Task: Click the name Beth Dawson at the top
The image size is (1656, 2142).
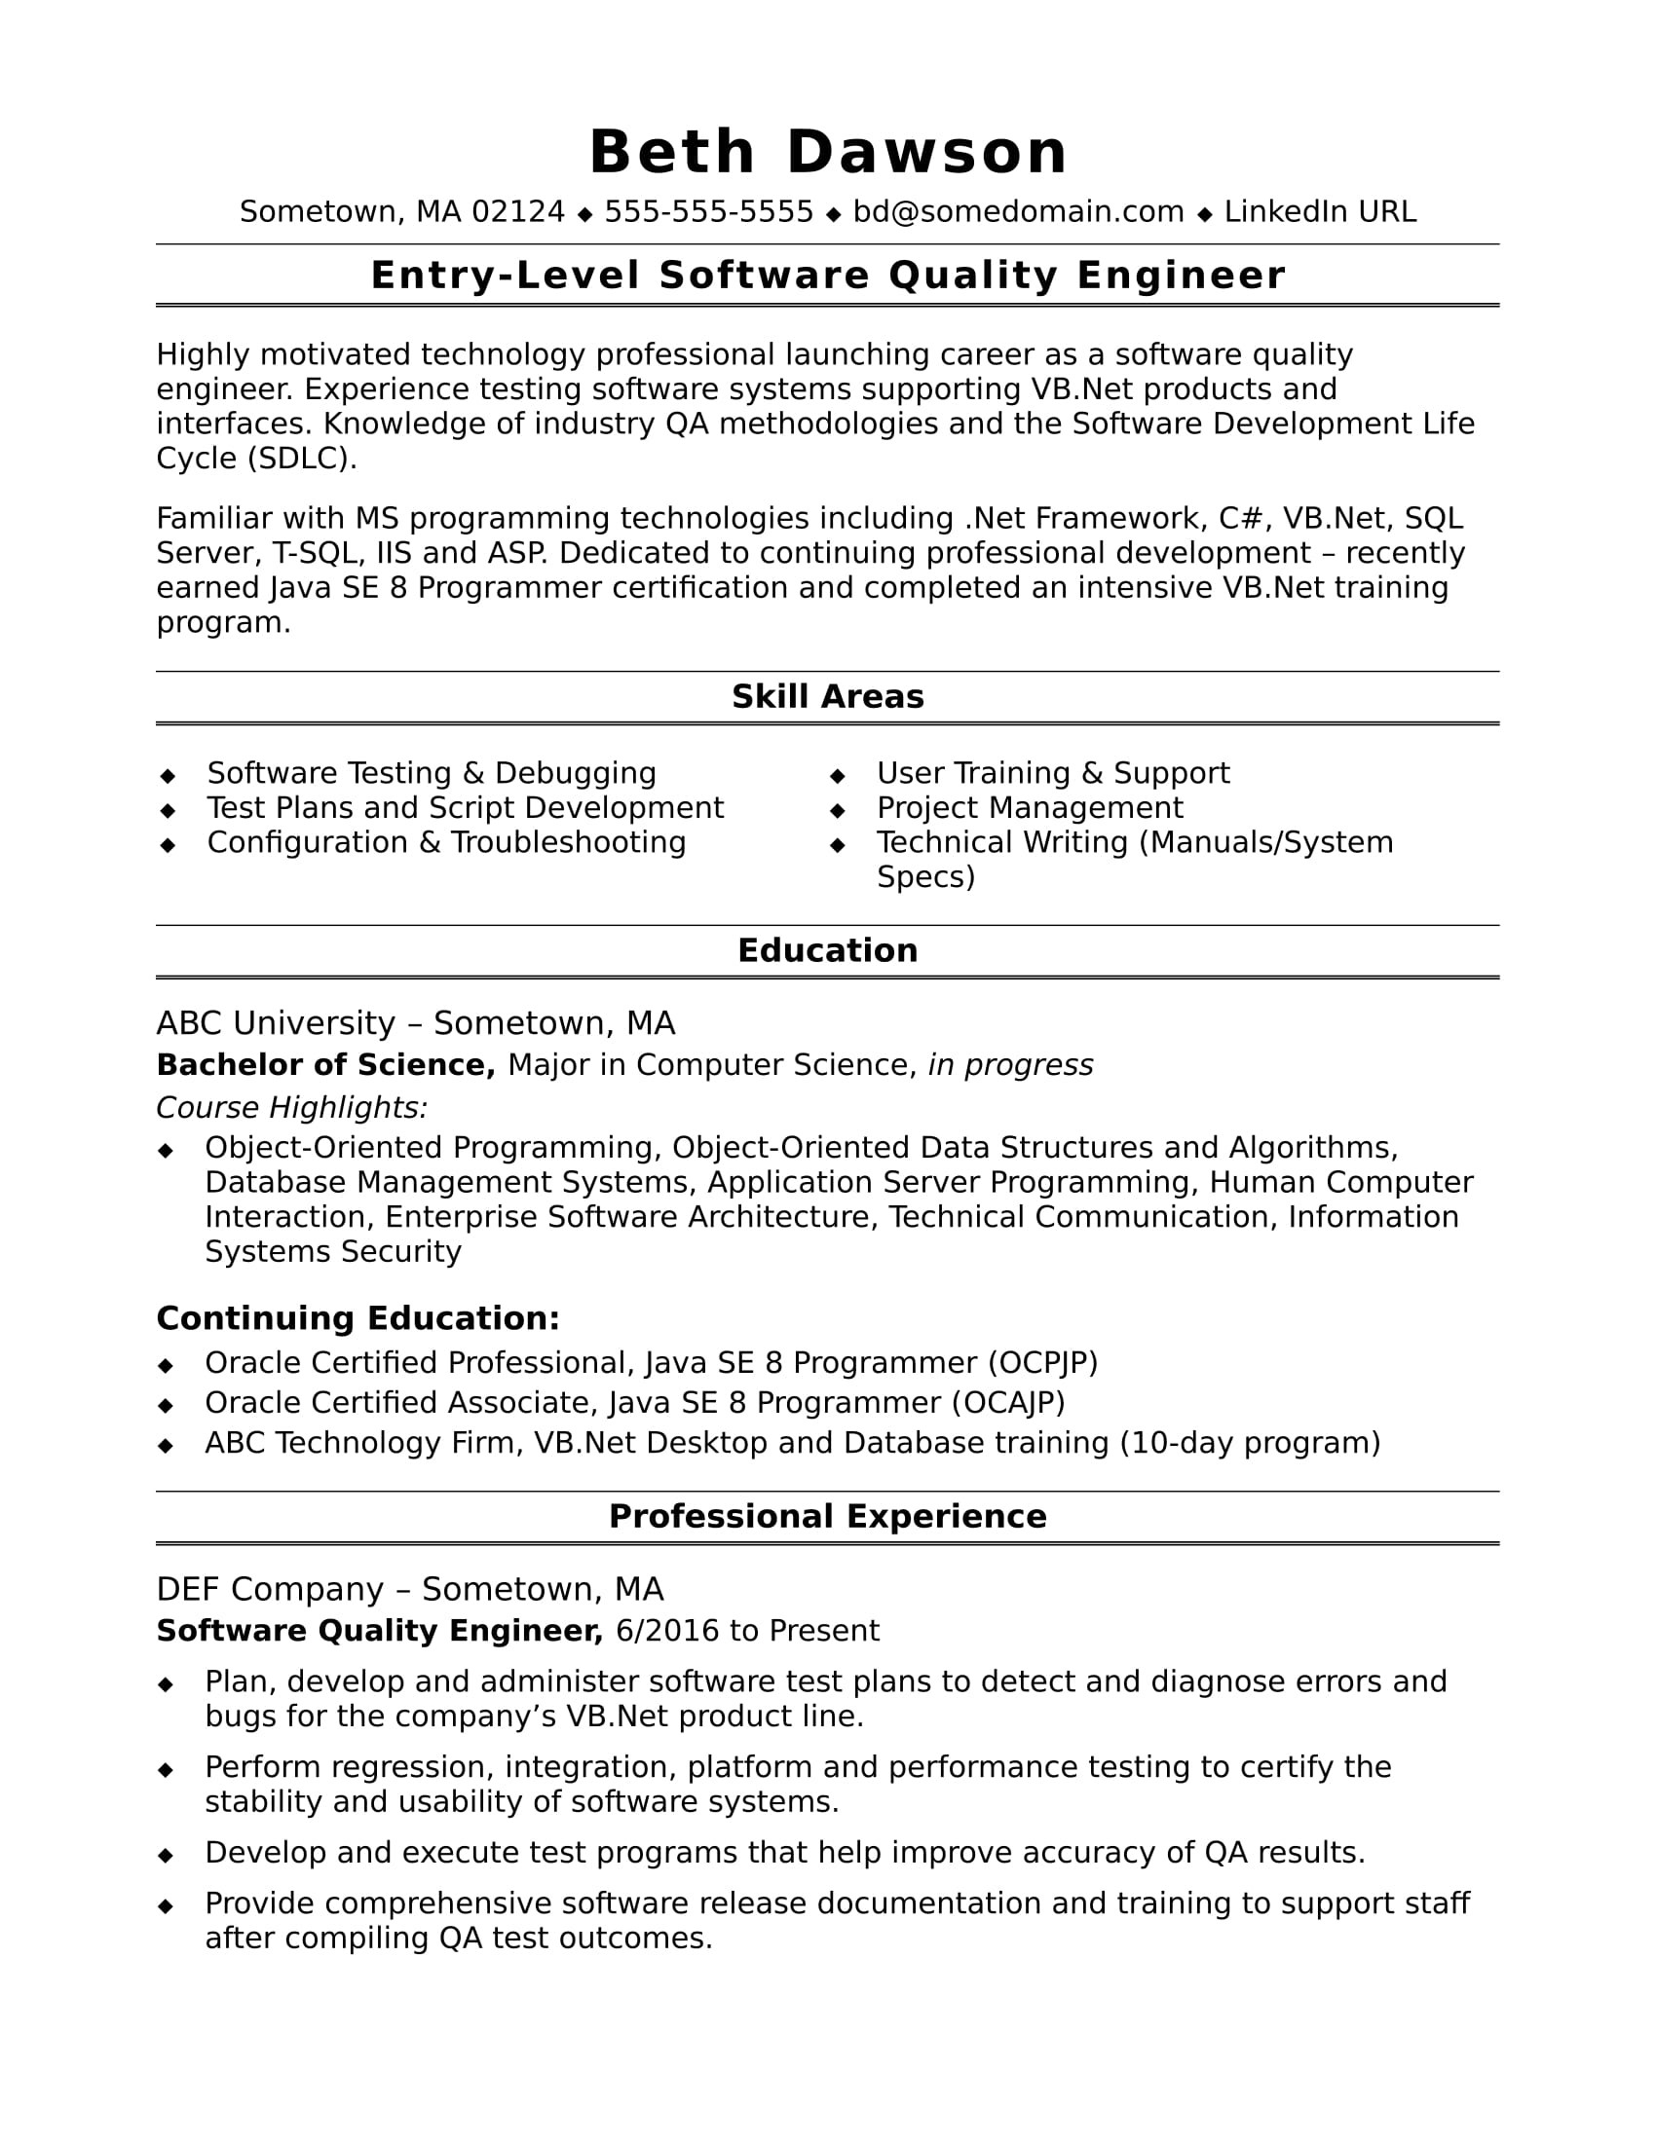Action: [x=827, y=153]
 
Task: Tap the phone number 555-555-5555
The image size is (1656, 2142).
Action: [x=708, y=212]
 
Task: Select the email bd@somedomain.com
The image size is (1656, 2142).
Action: [x=1018, y=212]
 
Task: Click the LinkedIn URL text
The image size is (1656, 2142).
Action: [x=1320, y=212]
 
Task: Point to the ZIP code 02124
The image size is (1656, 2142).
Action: [x=518, y=212]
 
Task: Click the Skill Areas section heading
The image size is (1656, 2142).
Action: [x=827, y=696]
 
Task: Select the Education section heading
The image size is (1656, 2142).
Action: [x=827, y=950]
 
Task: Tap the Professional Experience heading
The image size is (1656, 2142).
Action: [x=827, y=1516]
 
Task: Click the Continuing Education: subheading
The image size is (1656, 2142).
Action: [x=358, y=1318]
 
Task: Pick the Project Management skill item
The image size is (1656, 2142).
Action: [x=1029, y=807]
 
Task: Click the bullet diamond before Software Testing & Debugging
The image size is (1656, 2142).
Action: [x=168, y=776]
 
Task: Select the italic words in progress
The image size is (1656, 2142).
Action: [x=1010, y=1065]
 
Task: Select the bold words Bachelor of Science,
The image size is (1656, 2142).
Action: [x=325, y=1065]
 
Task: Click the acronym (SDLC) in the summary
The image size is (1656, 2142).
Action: [x=302, y=458]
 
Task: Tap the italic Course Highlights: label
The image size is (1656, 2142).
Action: [x=291, y=1107]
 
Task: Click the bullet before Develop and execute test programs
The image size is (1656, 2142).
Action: [x=166, y=1856]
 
